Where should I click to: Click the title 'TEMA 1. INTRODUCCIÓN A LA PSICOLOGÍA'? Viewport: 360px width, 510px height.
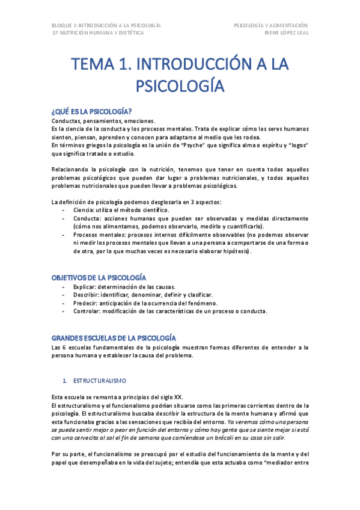pyautogui.click(x=180, y=74)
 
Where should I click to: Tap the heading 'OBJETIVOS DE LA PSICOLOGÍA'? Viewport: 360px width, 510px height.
pyautogui.click(x=99, y=277)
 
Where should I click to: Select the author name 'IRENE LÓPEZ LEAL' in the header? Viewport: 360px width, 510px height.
pyautogui.click(x=286, y=33)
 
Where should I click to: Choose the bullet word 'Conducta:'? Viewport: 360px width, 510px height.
pyautogui.click(x=89, y=218)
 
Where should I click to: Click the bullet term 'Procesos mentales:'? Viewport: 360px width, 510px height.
pyautogui.click(x=100, y=235)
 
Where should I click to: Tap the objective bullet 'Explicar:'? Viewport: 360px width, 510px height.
pyautogui.click(x=87, y=287)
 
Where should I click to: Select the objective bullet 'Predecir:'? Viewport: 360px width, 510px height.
pyautogui.click(x=87, y=304)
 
